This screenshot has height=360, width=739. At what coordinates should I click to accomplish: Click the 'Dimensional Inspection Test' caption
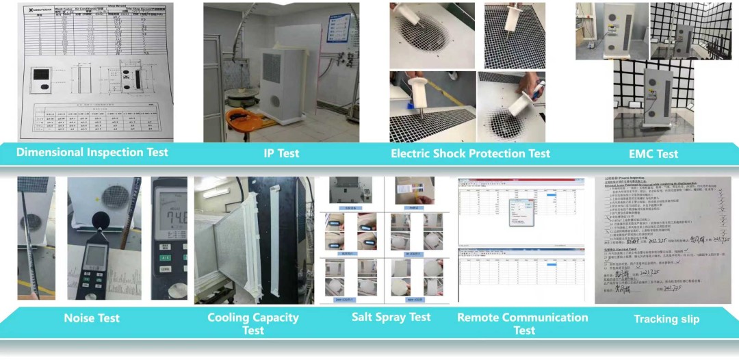(92, 152)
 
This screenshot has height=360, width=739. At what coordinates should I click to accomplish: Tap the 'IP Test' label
(281, 153)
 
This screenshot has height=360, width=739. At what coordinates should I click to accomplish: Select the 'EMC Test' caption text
(653, 154)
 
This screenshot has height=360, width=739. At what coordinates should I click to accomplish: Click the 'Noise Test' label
(92, 318)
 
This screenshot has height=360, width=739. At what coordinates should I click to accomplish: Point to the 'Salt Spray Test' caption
(391, 317)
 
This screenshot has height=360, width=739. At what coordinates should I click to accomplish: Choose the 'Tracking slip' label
(666, 319)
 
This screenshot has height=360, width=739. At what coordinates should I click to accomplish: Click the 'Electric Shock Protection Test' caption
(470, 153)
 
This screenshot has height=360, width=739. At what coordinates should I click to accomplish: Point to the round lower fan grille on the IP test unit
(274, 101)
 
